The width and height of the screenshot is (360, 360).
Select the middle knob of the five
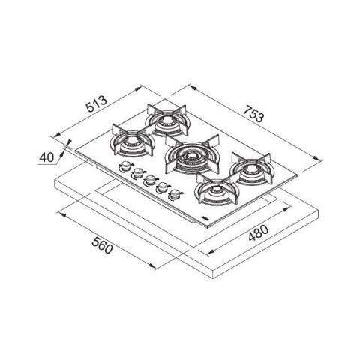pyautogui.click(x=150, y=181)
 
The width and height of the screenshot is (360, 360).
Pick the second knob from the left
pyautogui.click(x=137, y=174)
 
